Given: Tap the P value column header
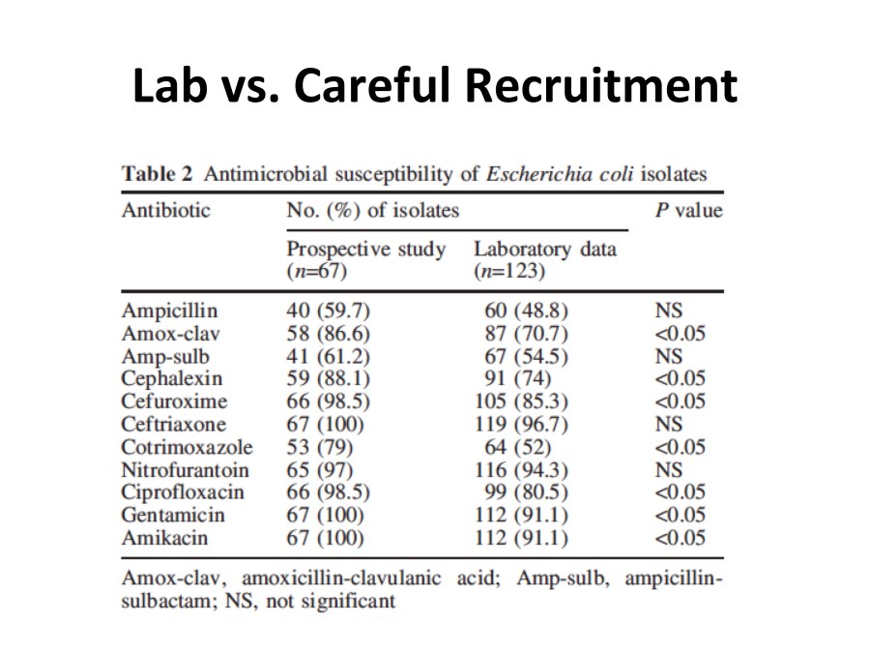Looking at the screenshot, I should coord(688,210).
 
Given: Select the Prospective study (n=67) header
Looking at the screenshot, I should coord(366,259).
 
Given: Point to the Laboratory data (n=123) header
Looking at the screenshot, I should coord(544,259).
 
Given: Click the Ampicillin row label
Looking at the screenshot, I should coord(169,311).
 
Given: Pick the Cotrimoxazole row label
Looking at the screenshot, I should coord(187,447).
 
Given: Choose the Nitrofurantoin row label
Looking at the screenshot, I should coord(185,470).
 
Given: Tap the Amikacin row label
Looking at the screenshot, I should coord(163,538).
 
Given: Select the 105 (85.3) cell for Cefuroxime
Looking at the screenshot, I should coord(523,401).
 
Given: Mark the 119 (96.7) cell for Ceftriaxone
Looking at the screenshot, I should coord(523,424).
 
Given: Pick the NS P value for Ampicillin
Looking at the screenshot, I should coord(668,311).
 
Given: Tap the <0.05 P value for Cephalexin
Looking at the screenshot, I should coord(680,378).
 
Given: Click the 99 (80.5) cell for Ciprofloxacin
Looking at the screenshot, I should coord(526,492).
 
